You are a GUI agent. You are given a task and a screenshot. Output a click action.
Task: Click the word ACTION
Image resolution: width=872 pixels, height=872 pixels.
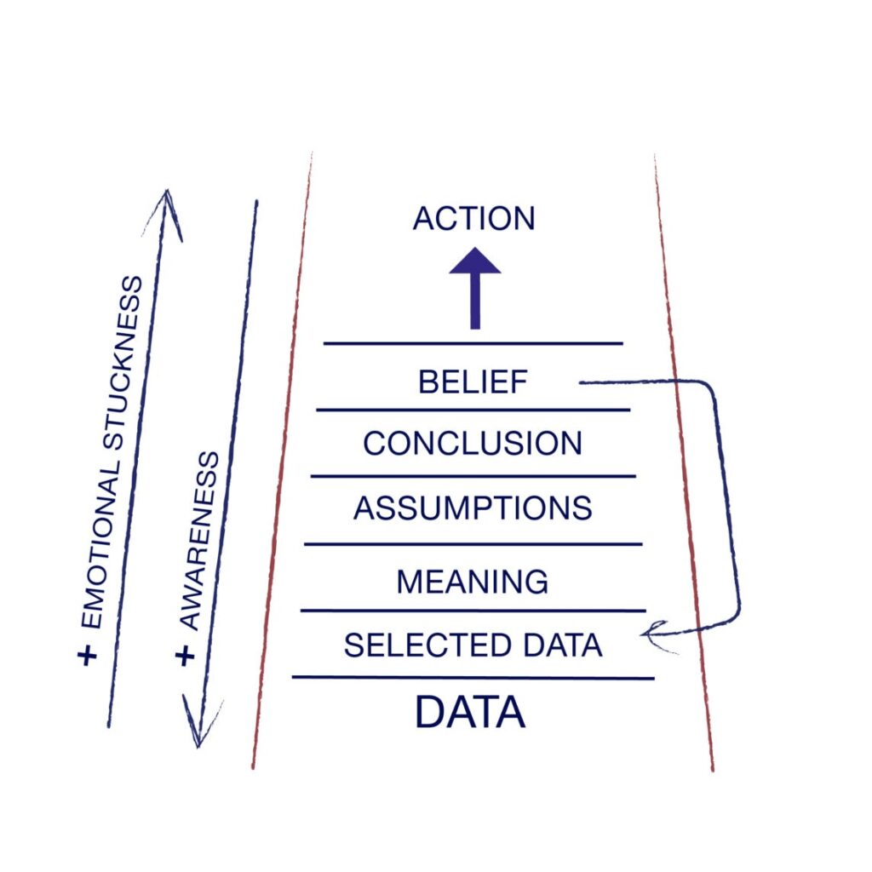pos(473,219)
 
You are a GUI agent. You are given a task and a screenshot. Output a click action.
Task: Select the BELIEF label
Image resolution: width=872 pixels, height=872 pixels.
pos(473,382)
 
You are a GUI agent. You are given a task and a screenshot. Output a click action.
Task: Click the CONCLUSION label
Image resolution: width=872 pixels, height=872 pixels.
pos(473,443)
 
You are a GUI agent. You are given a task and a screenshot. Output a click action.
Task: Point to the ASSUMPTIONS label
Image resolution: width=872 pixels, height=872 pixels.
pos(473,508)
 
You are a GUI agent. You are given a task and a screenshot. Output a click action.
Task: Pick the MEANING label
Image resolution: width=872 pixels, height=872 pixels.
pos(473,582)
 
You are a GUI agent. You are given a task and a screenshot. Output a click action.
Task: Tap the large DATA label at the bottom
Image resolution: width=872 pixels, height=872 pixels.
pos(469,713)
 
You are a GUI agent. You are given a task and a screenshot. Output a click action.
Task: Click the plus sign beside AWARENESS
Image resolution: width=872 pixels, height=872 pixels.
pos(185,655)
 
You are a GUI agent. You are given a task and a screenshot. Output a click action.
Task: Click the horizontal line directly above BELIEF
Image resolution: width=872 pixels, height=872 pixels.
pos(473,343)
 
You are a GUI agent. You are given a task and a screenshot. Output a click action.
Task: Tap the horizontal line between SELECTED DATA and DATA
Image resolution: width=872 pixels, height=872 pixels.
pos(473,678)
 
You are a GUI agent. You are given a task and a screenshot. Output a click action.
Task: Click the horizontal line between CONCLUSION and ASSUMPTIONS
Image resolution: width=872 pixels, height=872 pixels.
pos(473,476)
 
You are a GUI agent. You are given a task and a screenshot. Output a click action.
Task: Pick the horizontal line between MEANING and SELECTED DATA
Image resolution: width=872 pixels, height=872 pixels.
pos(473,611)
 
